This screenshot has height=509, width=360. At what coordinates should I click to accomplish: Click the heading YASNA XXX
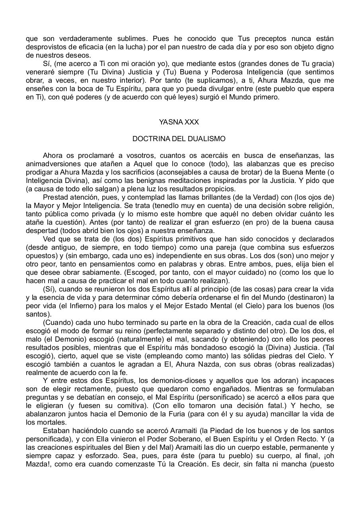(179, 122)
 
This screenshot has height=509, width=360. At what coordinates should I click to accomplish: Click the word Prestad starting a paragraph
(55, 197)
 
